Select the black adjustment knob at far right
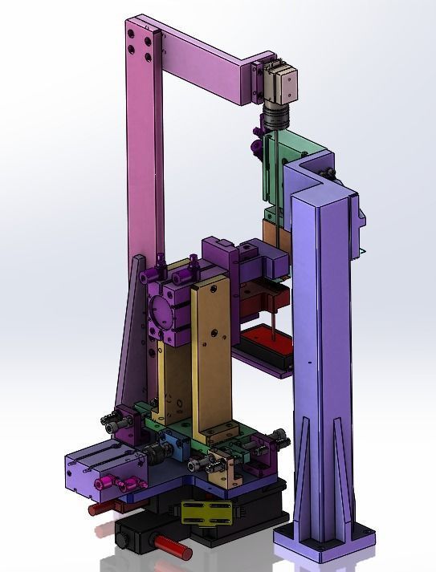click(x=279, y=438)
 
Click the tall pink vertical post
click(x=145, y=160)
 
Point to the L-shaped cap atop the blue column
click(x=322, y=181)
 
